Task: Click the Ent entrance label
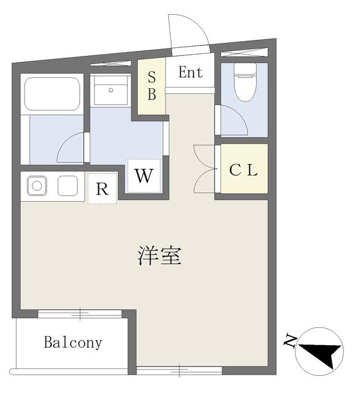pos(190,72)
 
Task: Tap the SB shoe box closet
pos(151,86)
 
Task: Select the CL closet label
pos(244,170)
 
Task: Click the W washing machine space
pos(144,176)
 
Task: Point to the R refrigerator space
pos(102,188)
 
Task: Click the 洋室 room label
pos(160,255)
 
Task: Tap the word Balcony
pos(73,343)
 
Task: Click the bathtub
pos(52,94)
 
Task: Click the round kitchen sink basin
pos(37,186)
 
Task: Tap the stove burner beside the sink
pos(68,185)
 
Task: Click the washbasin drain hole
pos(111,90)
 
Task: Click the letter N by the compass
pos(290,341)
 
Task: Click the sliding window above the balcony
pos(80,313)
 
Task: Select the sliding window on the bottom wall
pos(179,370)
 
